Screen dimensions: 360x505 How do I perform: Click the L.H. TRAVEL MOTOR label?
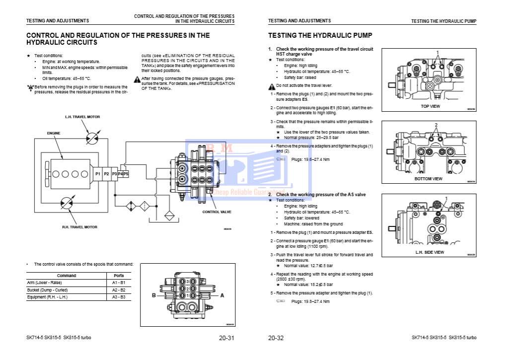tap(82, 117)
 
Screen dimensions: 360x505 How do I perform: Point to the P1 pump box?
tap(98, 173)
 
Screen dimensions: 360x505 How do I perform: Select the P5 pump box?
tap(126, 173)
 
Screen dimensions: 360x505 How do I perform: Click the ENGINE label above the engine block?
tap(54, 133)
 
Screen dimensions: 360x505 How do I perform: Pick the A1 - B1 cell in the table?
tap(118, 282)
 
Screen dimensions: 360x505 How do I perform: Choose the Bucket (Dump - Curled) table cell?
tap(47, 289)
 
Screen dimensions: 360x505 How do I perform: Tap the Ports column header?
tap(118, 275)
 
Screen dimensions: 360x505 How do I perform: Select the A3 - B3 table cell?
tap(118, 297)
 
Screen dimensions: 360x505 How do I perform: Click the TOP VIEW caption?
tap(430, 106)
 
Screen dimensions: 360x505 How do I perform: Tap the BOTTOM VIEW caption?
tap(428, 179)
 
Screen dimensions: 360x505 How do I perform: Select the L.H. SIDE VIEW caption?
tap(430, 252)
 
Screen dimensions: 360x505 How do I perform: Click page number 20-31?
tap(226, 338)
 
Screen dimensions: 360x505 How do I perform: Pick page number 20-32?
tap(276, 338)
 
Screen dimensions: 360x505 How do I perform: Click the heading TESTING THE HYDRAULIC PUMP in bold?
tap(320, 36)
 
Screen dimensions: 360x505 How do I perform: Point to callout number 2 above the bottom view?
tap(435, 124)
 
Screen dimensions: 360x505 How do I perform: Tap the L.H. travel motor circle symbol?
tap(92, 138)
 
